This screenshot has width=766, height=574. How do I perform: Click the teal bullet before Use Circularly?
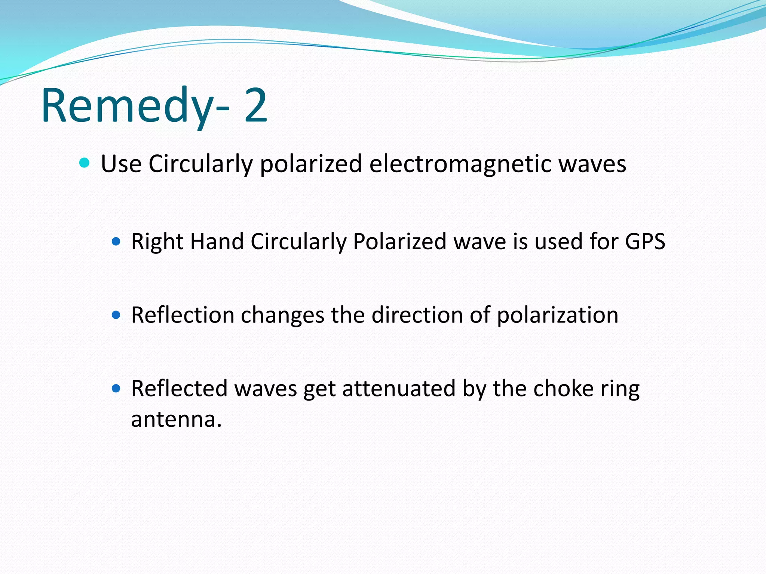pos(85,163)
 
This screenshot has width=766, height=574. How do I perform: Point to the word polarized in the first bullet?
pos(311,164)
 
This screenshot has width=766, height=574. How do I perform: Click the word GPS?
pos(645,241)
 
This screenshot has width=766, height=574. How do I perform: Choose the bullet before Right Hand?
pos(116,241)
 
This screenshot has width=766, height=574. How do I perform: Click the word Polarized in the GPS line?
pos(399,241)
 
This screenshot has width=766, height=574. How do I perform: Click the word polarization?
pos(557,315)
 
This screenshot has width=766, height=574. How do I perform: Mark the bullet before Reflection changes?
pos(116,315)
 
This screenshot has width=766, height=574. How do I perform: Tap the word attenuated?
pos(398,389)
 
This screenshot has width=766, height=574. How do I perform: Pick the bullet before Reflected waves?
pos(116,389)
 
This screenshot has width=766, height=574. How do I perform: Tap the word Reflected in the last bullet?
pos(179,389)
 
